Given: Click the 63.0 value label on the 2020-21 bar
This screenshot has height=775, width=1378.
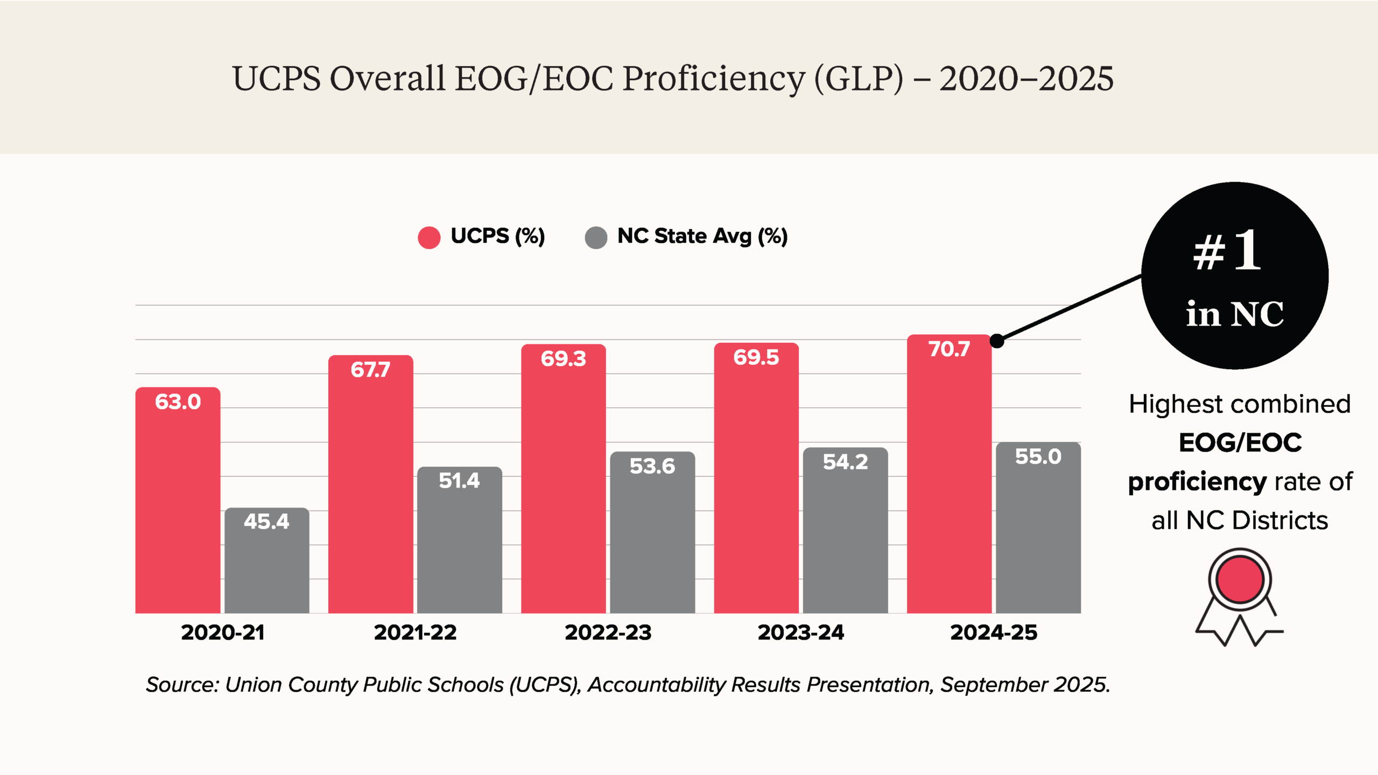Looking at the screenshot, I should click(x=178, y=402).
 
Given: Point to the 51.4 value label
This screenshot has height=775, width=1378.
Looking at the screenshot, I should click(x=459, y=481).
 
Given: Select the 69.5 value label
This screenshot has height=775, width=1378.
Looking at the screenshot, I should click(x=756, y=357).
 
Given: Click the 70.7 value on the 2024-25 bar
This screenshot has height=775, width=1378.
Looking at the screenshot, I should click(x=949, y=349).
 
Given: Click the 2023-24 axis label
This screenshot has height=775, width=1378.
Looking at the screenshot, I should click(x=800, y=632).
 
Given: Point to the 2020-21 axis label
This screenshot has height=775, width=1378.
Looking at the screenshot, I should click(x=222, y=632).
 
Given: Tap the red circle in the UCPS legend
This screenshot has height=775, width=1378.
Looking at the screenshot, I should click(x=429, y=237).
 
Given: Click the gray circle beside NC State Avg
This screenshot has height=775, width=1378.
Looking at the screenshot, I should click(x=596, y=237).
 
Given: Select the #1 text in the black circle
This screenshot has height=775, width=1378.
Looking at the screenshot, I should click(x=1227, y=251).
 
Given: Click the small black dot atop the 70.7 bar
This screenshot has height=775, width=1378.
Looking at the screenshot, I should click(x=997, y=341).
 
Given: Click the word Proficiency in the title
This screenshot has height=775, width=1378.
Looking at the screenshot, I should click(x=714, y=79).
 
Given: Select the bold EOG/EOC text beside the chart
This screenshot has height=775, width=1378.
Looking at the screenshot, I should click(x=1240, y=443).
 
